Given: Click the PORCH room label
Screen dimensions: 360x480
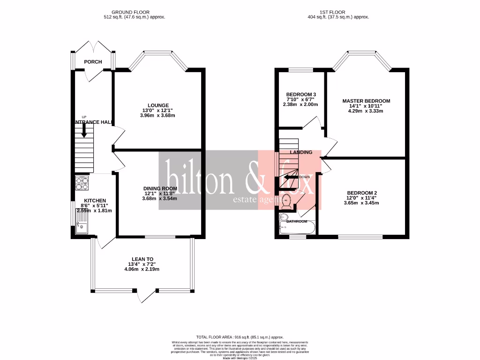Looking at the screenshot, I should (x=93, y=62).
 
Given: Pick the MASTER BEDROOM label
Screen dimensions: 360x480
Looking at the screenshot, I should (x=366, y=101).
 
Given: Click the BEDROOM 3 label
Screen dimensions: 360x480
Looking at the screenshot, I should (x=301, y=94).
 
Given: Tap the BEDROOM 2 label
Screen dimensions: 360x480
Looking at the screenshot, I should (x=362, y=193).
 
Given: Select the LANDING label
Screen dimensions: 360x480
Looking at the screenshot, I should (x=301, y=152).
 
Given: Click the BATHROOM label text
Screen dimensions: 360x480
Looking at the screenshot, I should (x=297, y=221).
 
